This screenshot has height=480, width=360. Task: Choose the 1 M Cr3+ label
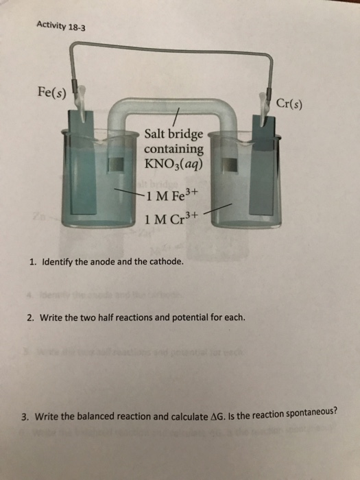pos(171,219)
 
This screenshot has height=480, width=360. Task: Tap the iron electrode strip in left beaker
pos(83,165)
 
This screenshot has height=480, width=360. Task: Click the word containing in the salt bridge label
pos(173,149)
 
